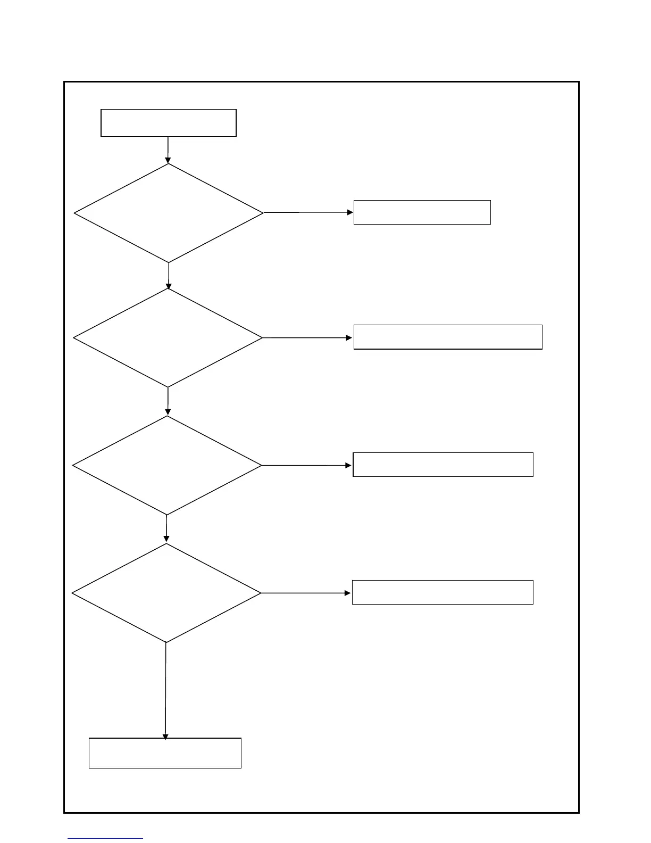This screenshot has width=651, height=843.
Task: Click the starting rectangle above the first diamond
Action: [x=168, y=123]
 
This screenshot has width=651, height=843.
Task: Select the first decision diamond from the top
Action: [x=169, y=213]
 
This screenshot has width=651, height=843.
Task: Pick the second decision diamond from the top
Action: [x=168, y=337]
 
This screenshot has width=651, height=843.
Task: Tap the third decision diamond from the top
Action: [x=167, y=465]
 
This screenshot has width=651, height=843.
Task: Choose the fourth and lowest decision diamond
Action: [x=166, y=593]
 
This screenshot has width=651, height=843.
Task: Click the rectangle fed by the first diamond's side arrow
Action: [x=422, y=212]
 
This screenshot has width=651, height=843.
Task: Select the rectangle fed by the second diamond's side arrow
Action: [x=448, y=337]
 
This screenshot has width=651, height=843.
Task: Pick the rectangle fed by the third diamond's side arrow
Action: [x=443, y=465]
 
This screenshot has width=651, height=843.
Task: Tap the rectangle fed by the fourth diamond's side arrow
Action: [x=443, y=592]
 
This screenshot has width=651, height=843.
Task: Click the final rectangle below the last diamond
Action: [x=165, y=753]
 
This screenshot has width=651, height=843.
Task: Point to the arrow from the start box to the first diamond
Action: [x=168, y=150]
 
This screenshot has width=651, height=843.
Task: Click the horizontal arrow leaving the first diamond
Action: [x=308, y=212]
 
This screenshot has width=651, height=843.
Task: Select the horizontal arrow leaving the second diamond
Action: [x=307, y=337]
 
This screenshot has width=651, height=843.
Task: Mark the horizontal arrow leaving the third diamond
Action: [x=307, y=465]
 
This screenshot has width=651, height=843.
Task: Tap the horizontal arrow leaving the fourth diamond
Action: [x=306, y=593]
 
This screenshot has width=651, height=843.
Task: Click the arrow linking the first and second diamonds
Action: [x=169, y=276]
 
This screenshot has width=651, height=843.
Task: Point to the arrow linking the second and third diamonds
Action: [x=168, y=401]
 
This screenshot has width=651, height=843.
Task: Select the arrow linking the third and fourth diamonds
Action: [x=166, y=528]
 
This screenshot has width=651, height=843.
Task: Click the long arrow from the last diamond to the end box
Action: [x=165, y=690]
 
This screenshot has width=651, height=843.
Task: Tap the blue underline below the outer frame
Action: [x=105, y=839]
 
